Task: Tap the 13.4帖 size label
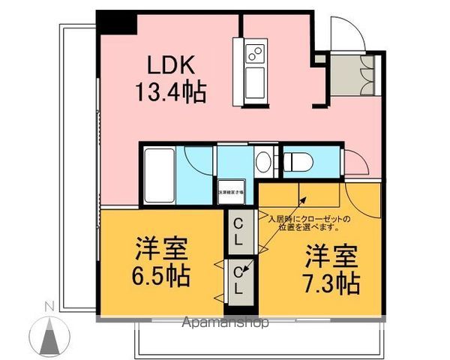pyautogui.click(x=171, y=93)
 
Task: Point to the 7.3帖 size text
pyautogui.click(x=331, y=283)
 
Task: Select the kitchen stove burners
pyautogui.click(x=255, y=52)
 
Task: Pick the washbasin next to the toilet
pyautogui.click(x=264, y=160)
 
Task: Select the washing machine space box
pyautogui.click(x=230, y=190)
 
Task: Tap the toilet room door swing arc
pyautogui.click(x=355, y=159)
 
